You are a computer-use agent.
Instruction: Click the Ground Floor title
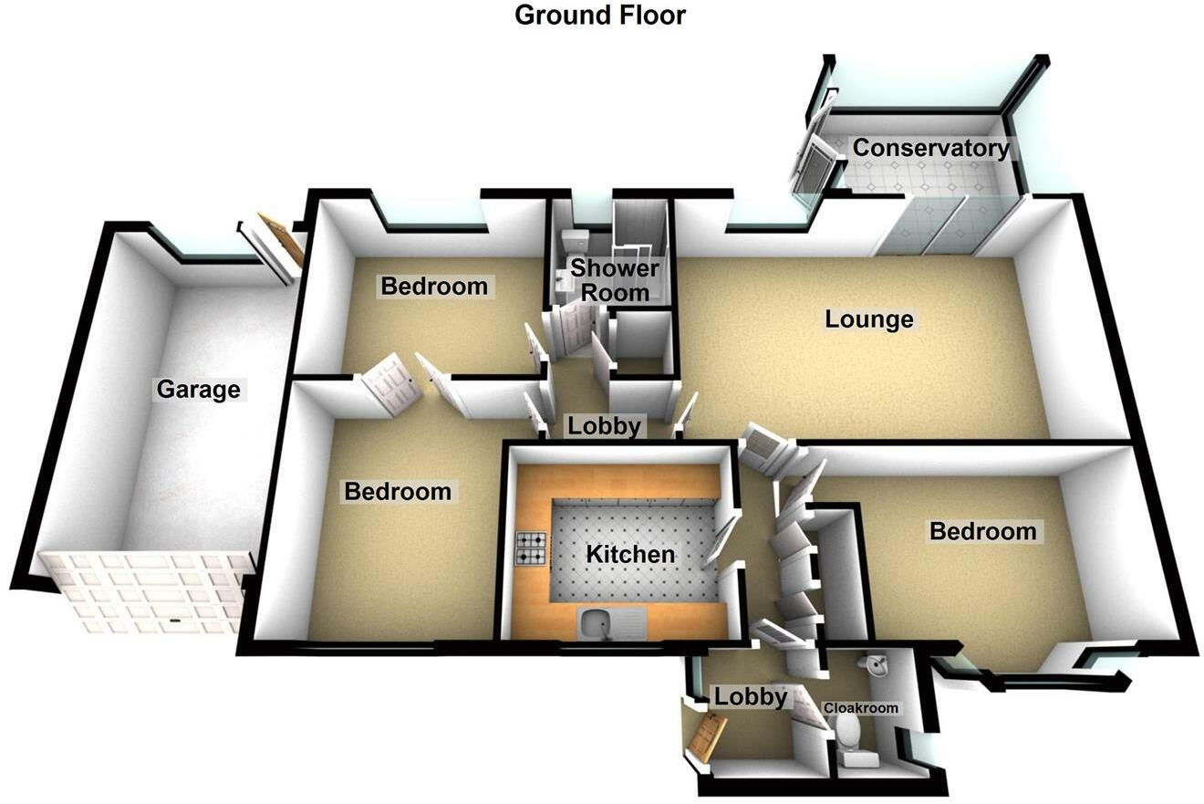[599, 16]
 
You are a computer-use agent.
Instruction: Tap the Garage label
[198, 390]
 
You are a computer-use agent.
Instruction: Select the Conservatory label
[930, 148]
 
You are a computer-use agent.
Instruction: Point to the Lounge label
[868, 319]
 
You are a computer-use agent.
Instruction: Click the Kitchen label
[630, 554]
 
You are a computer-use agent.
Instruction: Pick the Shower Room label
[615, 280]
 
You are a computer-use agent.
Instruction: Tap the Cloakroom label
[860, 708]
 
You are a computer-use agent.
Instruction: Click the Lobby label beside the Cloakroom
[750, 697]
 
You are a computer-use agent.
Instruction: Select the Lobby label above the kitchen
[605, 426]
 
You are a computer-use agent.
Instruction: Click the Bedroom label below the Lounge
[982, 531]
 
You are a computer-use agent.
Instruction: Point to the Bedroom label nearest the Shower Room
[434, 287]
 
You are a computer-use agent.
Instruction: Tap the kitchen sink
[598, 623]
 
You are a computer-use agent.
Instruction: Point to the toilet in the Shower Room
[575, 243]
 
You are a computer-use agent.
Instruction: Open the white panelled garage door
[144, 592]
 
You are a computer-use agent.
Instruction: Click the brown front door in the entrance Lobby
[708, 737]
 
